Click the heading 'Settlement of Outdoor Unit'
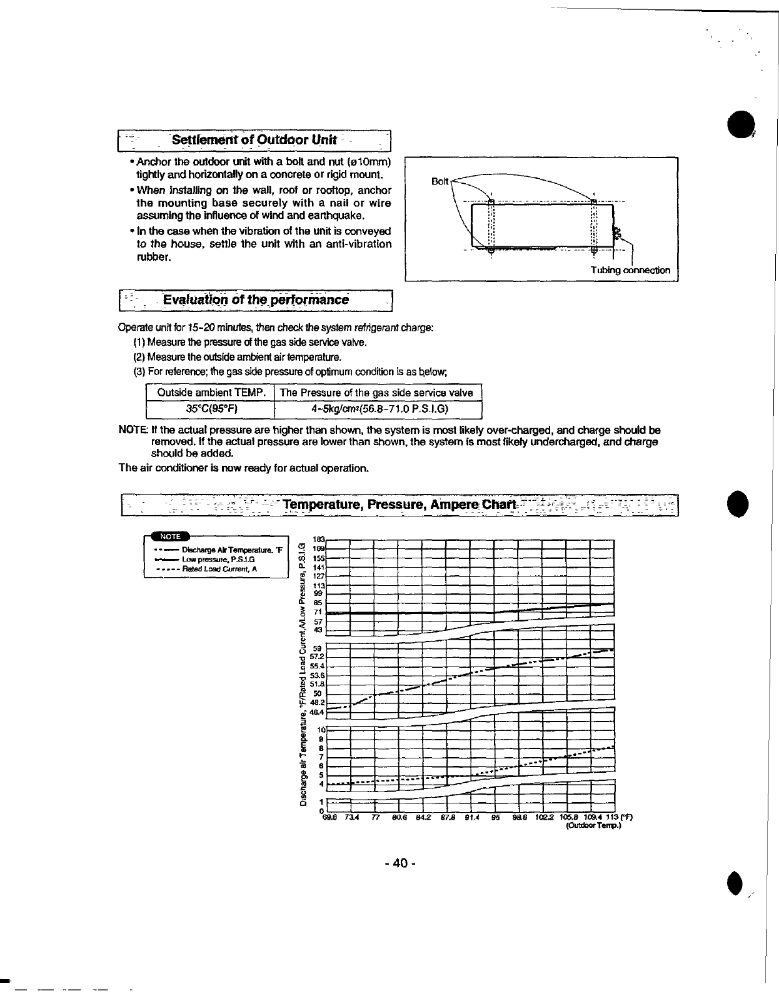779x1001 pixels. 254,140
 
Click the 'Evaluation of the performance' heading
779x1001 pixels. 256,300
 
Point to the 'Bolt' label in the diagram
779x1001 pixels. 440,181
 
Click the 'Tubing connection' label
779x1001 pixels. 630,270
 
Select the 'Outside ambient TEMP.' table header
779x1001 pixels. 211,393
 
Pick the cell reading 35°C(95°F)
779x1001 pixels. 211,410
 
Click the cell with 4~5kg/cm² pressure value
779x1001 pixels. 378,410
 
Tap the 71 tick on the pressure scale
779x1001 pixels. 317,611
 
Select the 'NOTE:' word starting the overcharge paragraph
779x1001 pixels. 132,430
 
